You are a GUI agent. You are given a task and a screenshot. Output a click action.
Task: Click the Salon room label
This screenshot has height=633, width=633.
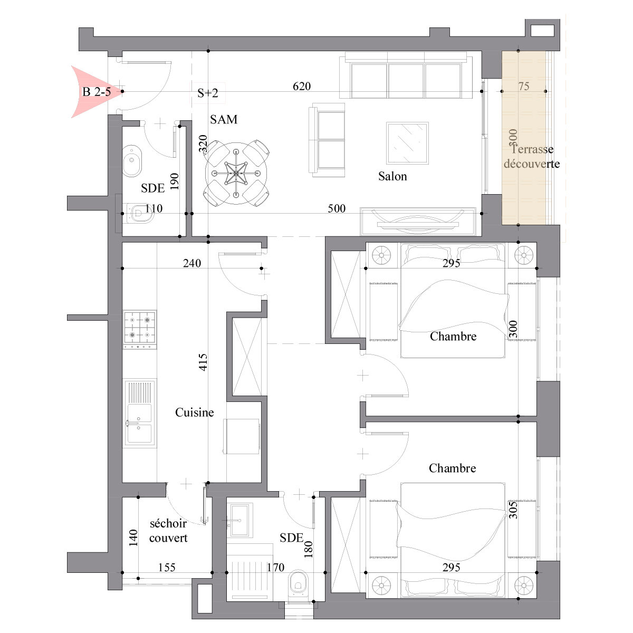(x=392, y=176)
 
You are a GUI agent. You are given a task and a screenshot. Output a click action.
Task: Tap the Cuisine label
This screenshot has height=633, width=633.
(x=194, y=413)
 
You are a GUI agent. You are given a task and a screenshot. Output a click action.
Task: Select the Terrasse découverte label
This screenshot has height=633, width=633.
(x=532, y=157)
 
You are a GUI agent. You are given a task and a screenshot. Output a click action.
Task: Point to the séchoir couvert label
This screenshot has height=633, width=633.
(x=168, y=531)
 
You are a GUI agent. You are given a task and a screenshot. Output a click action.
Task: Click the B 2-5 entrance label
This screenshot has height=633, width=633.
(x=96, y=92)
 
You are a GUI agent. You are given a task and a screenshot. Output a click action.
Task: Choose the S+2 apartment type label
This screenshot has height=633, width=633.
(x=208, y=93)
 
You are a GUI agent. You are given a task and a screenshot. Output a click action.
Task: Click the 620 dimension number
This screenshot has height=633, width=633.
(x=302, y=86)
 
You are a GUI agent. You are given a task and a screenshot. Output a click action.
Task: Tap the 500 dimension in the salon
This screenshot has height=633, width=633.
(x=337, y=208)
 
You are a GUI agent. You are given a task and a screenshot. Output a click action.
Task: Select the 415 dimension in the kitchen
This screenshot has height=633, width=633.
(x=203, y=362)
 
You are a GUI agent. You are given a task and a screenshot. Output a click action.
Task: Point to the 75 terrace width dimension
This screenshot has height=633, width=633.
(x=524, y=86)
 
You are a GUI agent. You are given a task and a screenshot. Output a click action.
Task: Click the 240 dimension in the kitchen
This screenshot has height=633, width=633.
(x=192, y=263)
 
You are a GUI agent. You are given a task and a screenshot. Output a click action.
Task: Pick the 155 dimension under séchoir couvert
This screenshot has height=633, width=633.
(x=167, y=567)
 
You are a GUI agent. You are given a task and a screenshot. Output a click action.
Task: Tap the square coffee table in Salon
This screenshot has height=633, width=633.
(x=407, y=143)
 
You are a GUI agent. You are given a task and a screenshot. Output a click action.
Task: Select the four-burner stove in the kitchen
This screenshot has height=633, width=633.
(x=140, y=330)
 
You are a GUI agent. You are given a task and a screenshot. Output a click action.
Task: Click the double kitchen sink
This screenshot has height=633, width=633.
(x=140, y=414)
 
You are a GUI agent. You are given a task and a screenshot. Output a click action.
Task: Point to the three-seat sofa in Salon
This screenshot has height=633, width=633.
(x=406, y=75)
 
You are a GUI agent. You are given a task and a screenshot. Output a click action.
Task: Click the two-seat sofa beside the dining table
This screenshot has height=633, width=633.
(x=327, y=140)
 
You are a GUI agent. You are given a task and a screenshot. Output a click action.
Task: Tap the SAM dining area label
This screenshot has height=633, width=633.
(x=224, y=119)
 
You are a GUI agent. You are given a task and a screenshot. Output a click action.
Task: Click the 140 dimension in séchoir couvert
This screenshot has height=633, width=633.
(x=133, y=538)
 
